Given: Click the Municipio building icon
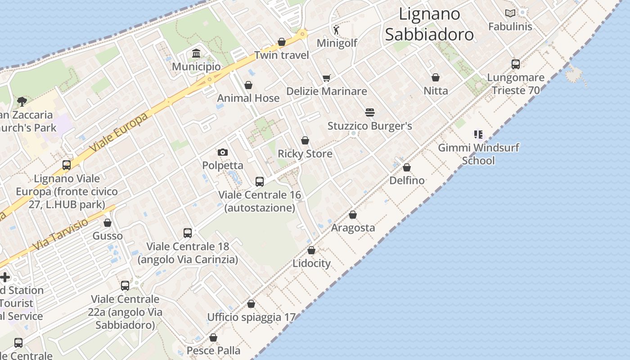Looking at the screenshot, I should pos(196,54).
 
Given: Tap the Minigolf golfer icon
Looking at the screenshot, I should pos(337,30).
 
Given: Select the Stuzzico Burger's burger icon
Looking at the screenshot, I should pos(370,112).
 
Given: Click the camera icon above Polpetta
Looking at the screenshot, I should pos(223,152).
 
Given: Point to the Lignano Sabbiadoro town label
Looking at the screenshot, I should pos(429,24).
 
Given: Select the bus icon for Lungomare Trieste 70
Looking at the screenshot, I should pos(516,64).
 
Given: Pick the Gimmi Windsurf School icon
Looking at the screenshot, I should pos(478,134).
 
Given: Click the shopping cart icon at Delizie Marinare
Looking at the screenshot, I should pos(327,78).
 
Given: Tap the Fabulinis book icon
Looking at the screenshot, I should pos(510,13).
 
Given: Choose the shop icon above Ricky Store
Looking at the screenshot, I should pos(305,140).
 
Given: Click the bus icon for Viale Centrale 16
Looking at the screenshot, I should pos(260,182).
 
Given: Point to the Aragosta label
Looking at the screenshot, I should pos(353,228).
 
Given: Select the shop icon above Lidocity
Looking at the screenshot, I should pos(311,250).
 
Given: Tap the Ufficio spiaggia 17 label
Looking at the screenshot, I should pos(251,317).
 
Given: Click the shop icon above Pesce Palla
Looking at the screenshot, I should pos(213,337).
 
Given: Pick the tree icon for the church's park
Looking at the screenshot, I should pos(21,102).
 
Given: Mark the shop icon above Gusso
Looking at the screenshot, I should pos(108,223).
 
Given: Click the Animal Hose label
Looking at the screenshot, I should pos(248,98).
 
